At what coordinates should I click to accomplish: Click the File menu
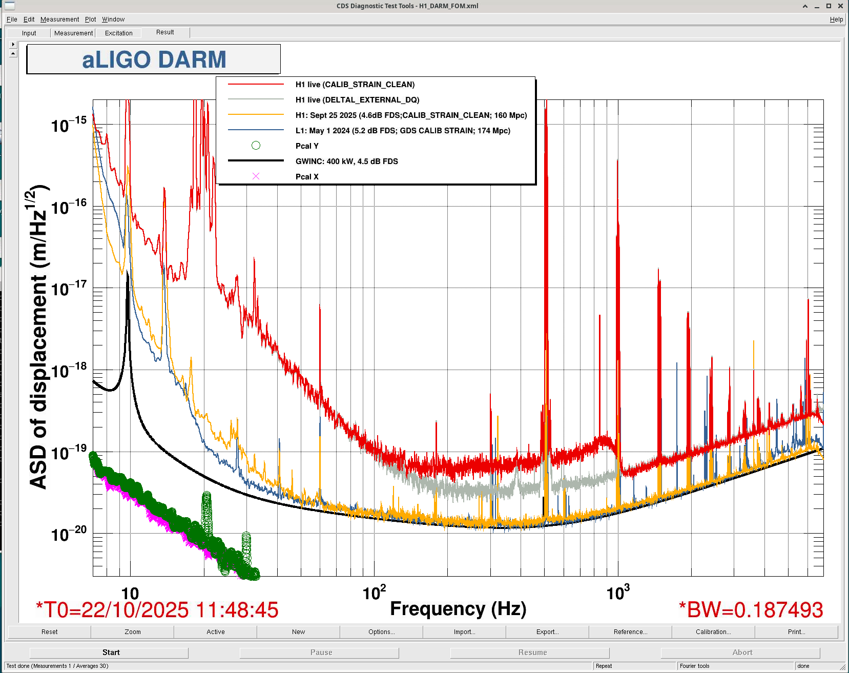click(x=12, y=19)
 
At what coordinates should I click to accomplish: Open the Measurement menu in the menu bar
click(x=59, y=19)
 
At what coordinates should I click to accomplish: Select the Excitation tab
click(x=118, y=33)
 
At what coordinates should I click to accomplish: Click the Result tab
click(x=165, y=32)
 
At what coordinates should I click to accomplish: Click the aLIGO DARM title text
click(x=154, y=59)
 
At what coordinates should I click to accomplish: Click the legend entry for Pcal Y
click(x=307, y=146)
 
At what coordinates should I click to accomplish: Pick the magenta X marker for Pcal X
click(x=256, y=176)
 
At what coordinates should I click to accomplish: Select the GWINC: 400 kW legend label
click(x=346, y=161)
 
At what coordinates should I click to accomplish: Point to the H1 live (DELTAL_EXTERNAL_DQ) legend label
click(x=357, y=100)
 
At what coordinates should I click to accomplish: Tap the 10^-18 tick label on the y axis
click(x=69, y=370)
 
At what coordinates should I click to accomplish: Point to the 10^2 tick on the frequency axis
click(x=374, y=593)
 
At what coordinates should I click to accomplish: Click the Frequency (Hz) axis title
click(x=458, y=608)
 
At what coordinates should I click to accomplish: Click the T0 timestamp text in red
click(x=157, y=610)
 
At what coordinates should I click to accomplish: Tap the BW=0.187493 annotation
click(x=751, y=610)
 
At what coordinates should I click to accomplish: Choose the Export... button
click(x=547, y=632)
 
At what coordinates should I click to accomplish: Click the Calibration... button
click(x=713, y=632)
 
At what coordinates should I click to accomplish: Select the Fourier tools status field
click(x=694, y=666)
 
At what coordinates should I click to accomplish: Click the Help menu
click(x=836, y=19)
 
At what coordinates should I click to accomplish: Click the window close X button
click(x=840, y=6)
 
